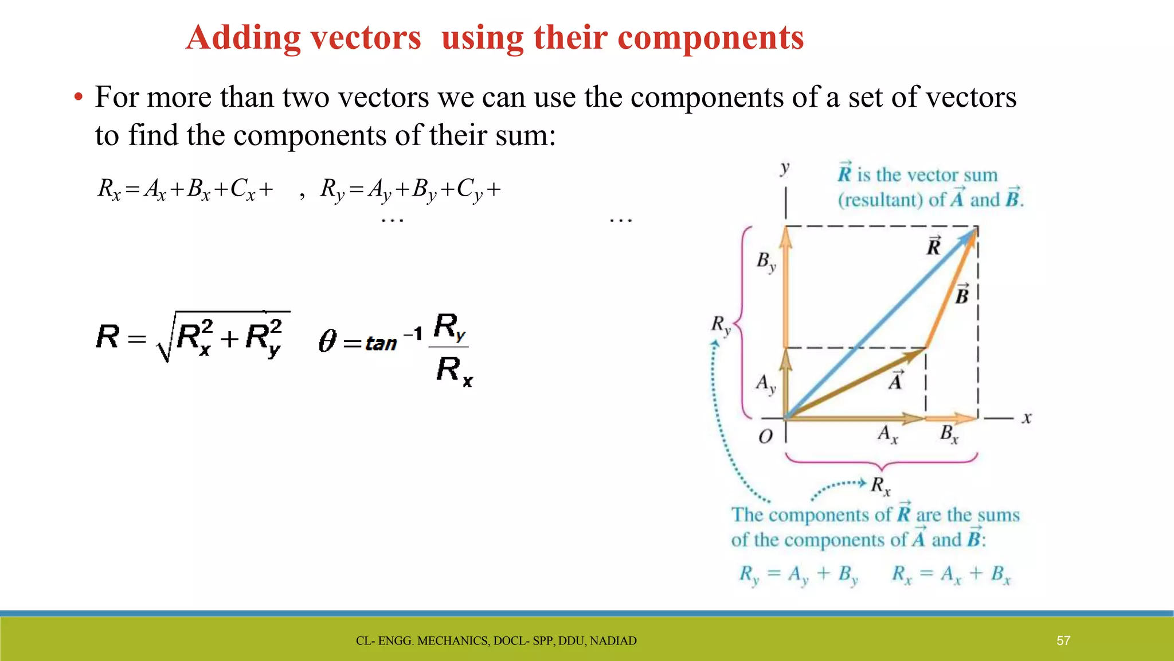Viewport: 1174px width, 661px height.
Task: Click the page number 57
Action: (1063, 640)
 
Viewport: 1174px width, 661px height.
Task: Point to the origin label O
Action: (765, 437)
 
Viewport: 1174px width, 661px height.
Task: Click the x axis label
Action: (1027, 418)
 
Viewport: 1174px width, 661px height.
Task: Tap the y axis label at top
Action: (785, 168)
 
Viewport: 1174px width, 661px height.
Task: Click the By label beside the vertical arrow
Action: (766, 262)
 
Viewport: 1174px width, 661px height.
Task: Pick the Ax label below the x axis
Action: (887, 434)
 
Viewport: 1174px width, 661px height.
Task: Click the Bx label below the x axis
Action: (949, 434)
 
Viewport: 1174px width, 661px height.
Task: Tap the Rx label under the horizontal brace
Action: (880, 486)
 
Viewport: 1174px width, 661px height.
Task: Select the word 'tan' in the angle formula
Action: (381, 344)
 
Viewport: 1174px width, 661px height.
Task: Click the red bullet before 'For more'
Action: (79, 98)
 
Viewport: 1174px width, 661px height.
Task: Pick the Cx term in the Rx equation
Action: (242, 189)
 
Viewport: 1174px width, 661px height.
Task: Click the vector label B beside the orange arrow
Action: (962, 295)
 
